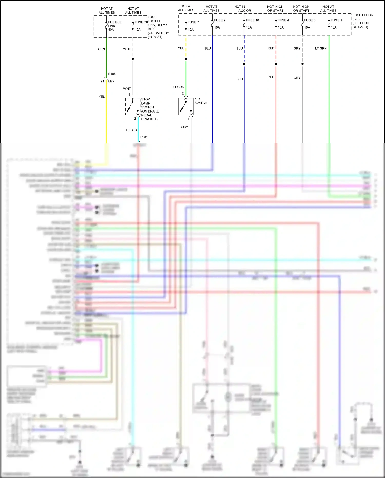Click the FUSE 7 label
(x=193, y=22)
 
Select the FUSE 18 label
(x=252, y=20)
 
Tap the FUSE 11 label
(x=337, y=20)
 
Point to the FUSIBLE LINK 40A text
(x=114, y=26)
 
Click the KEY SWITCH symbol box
(x=186, y=106)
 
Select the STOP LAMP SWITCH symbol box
(x=133, y=106)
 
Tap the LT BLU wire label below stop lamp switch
(x=131, y=130)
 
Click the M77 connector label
(x=111, y=81)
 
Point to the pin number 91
(x=102, y=81)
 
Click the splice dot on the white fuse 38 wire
(x=133, y=59)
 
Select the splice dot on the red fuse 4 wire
(x=276, y=64)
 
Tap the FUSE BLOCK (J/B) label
(x=362, y=17)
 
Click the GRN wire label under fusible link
(x=101, y=49)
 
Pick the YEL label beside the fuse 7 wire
(x=181, y=48)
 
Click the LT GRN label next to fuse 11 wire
(x=321, y=48)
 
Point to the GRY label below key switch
(x=185, y=127)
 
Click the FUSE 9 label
(x=220, y=20)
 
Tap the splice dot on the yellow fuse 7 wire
(x=186, y=59)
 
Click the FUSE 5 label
(x=310, y=20)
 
